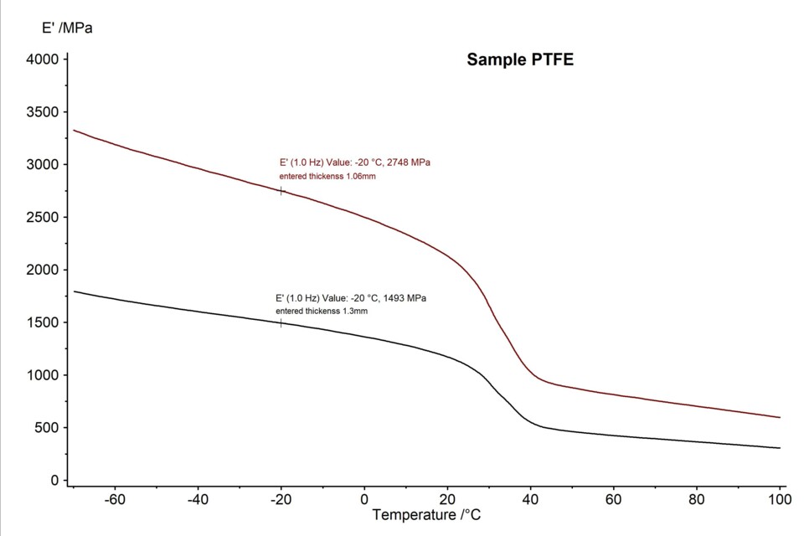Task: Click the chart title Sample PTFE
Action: pos(520,59)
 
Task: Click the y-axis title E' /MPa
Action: pos(67,28)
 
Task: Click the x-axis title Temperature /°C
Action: pos(426,513)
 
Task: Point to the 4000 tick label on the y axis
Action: pos(42,59)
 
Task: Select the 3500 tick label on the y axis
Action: pos(42,112)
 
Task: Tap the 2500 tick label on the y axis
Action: pos(42,217)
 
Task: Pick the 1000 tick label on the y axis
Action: pos(42,375)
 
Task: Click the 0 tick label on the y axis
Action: pos(54,481)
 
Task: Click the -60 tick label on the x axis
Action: pos(115,500)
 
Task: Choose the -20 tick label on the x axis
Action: pos(281,500)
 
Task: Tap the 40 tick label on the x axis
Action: pos(530,500)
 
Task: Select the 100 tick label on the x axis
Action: pos(780,500)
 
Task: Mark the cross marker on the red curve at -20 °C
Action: pos(281,191)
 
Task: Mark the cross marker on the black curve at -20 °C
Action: pos(281,322)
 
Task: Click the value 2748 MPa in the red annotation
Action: pos(411,162)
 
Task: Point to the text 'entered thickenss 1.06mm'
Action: pos(327,176)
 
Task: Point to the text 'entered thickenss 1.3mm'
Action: pos(322,311)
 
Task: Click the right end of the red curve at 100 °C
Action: pos(780,417)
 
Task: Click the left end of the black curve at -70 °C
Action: pos(75,291)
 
